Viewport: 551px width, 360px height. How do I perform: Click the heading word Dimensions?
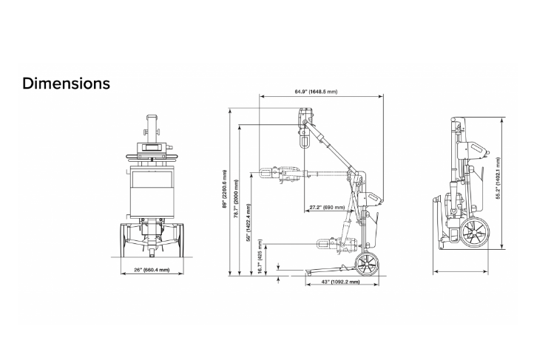(x=66, y=84)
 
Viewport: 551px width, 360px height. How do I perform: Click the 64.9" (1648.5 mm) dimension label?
(x=316, y=92)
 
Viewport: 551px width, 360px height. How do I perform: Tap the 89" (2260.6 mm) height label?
(x=225, y=189)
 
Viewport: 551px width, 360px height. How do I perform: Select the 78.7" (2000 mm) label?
(x=236, y=198)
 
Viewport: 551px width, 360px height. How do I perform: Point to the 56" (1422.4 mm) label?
(x=249, y=223)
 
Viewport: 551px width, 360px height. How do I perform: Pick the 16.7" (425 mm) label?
(x=260, y=257)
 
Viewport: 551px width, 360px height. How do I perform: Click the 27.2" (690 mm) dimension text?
(x=327, y=207)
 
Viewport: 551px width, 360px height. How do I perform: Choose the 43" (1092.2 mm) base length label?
(x=340, y=282)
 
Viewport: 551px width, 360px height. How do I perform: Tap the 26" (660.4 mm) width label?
(x=152, y=270)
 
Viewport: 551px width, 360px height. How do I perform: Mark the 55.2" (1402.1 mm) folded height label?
(x=498, y=178)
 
